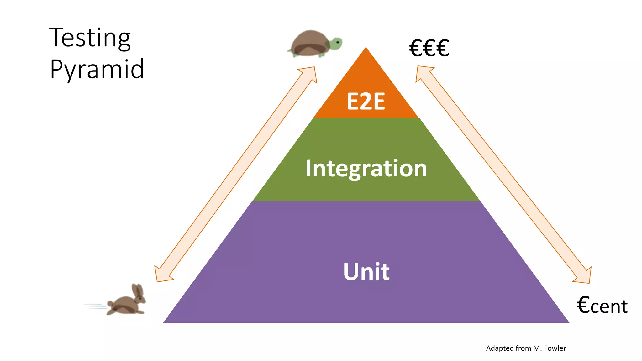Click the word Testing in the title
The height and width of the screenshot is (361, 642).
[90, 38]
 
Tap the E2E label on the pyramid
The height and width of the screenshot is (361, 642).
[366, 102]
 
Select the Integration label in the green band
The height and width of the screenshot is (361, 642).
[366, 169]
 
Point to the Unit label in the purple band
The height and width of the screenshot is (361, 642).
[366, 272]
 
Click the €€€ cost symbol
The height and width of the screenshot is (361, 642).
[429, 49]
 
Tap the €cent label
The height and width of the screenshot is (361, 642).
[602, 306]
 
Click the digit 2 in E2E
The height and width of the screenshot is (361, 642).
[366, 102]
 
